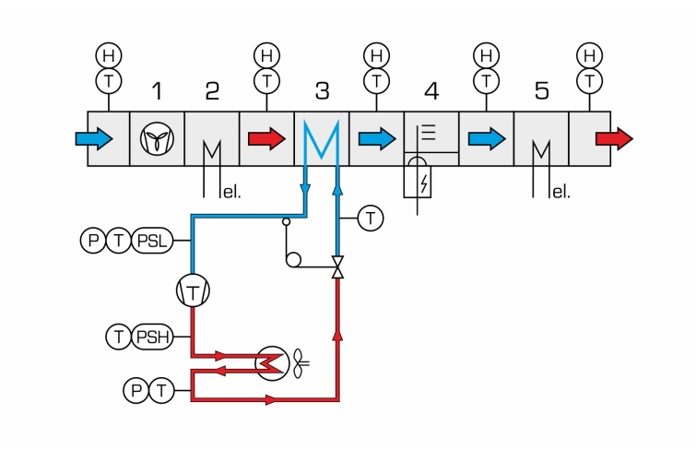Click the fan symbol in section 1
[157, 138]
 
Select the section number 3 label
[323, 90]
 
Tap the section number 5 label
[541, 90]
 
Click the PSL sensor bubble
[152, 241]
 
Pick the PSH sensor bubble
[152, 337]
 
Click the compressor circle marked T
[193, 291]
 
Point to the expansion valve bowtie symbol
[337, 267]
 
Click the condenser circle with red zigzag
[273, 363]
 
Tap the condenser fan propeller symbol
[301, 363]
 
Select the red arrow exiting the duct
[614, 138]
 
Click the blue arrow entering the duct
[94, 138]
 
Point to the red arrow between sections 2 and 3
[266, 138]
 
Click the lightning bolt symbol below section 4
[424, 184]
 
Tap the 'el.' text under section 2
[231, 193]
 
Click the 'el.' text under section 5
[561, 193]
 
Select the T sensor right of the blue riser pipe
[371, 219]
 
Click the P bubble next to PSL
[93, 241]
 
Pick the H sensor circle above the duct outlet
[589, 55]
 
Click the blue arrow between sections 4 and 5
[487, 138]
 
